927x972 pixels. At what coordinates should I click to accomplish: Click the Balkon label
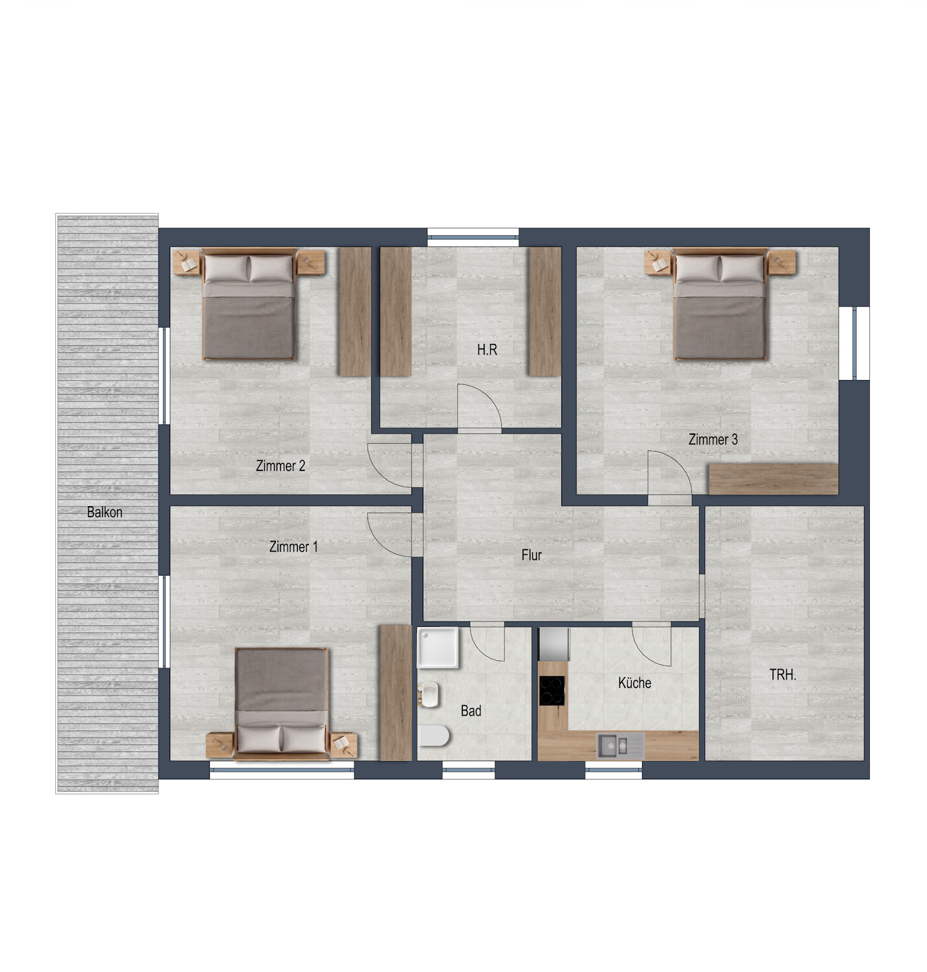[x=105, y=512]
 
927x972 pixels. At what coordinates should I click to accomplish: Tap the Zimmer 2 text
[x=280, y=466]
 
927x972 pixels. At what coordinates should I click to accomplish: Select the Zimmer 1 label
[x=293, y=546]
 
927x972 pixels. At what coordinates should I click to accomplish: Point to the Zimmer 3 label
[x=713, y=439]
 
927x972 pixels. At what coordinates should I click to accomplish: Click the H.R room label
[x=487, y=350]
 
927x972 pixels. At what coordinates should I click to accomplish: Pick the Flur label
[x=531, y=555]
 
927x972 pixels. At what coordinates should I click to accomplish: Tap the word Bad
[x=471, y=711]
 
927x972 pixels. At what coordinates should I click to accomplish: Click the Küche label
[x=635, y=683]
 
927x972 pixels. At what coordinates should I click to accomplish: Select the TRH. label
[x=782, y=674]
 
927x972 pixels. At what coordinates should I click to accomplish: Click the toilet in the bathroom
[x=434, y=736]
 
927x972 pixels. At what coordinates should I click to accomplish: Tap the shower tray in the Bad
[x=438, y=648]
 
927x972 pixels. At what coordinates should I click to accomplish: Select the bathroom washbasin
[x=429, y=695]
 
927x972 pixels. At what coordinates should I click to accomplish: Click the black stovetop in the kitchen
[x=552, y=690]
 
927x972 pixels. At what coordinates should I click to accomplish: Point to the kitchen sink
[x=621, y=746]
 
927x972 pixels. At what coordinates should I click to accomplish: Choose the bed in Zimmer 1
[x=282, y=703]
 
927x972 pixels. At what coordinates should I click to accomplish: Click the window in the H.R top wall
[x=473, y=237]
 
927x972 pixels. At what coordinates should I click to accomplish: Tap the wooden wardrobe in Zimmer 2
[x=355, y=311]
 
